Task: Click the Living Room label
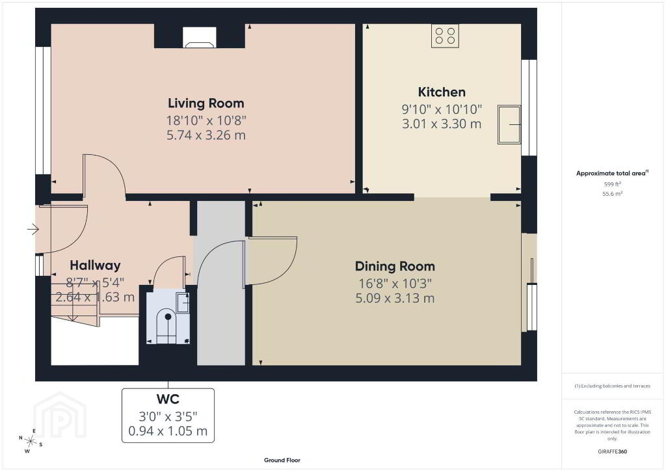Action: (206, 103)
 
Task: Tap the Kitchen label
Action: (442, 92)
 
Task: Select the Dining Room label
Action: (395, 266)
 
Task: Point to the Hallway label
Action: (95, 265)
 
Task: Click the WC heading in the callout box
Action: (168, 399)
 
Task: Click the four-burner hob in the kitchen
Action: (445, 36)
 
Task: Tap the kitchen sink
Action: (509, 124)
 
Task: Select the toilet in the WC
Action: (167, 326)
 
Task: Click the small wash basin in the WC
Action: (183, 303)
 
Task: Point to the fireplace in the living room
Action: (200, 37)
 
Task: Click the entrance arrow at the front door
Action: (33, 230)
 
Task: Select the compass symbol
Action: (30, 441)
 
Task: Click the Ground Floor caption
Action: (282, 460)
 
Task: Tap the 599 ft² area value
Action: (612, 184)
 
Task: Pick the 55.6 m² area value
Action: (612, 194)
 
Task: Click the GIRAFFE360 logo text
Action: (612, 451)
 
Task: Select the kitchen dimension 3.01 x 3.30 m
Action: (442, 124)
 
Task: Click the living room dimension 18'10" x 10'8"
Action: (206, 120)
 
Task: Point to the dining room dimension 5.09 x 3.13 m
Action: (395, 298)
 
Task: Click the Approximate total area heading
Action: (612, 173)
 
